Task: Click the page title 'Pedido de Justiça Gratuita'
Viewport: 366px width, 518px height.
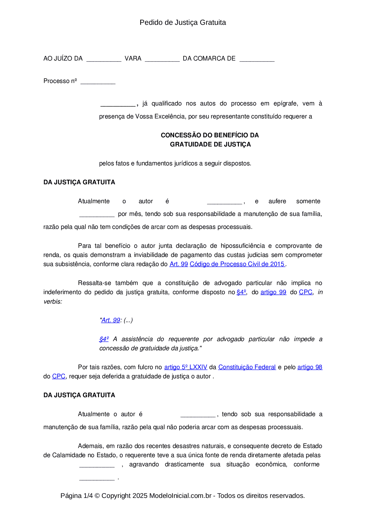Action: point(183,22)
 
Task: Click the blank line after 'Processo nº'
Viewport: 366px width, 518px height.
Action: point(98,82)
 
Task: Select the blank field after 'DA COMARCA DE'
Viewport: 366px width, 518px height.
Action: point(257,59)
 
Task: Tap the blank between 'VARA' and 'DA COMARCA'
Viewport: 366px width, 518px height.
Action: point(162,59)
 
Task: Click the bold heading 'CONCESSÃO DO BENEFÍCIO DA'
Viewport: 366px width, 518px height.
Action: point(210,135)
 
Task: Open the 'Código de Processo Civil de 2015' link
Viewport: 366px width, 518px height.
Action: point(237,264)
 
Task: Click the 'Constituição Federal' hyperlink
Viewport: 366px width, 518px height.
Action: point(247,367)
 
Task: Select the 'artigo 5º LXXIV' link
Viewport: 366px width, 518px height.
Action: point(186,367)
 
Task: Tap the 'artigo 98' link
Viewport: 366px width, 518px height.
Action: point(310,367)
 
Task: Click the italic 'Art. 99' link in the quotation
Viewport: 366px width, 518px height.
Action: point(111,320)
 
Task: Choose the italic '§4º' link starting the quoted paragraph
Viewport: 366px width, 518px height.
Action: point(104,339)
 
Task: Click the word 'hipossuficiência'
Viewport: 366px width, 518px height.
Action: point(243,246)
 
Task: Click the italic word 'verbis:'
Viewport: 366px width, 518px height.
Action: point(53,302)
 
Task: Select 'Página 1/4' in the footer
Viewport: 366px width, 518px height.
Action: point(76,496)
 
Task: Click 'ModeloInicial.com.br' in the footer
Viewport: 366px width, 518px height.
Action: point(180,496)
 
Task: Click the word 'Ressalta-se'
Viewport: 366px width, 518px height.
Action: point(94,283)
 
